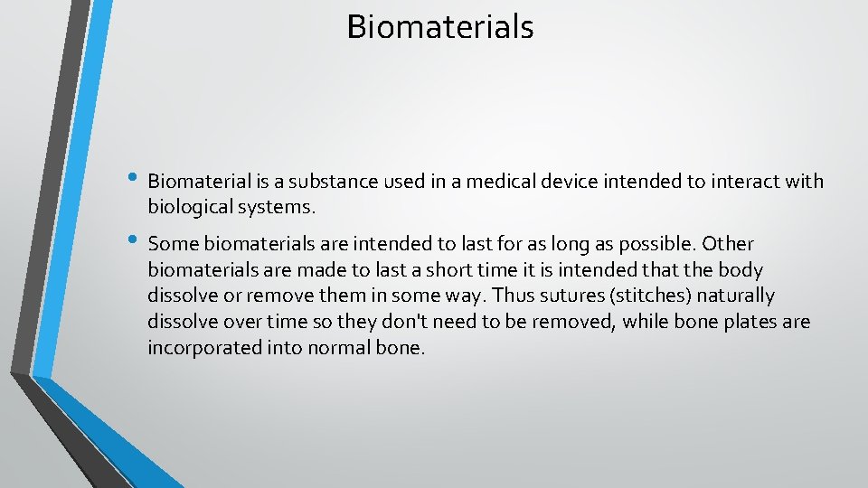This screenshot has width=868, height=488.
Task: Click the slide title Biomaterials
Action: point(440,26)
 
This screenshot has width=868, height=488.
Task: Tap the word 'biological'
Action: point(190,208)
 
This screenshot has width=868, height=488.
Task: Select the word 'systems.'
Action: point(276,208)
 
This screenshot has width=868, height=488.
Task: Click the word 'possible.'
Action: point(657,244)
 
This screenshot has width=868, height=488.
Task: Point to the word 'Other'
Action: point(728,244)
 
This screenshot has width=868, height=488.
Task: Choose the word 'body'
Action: point(740,270)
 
